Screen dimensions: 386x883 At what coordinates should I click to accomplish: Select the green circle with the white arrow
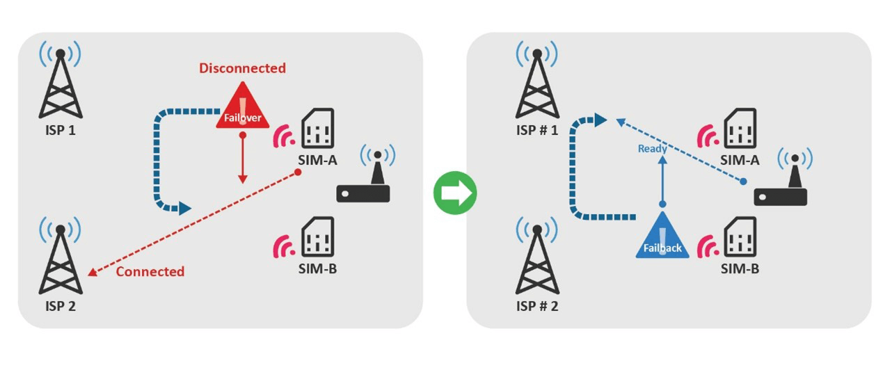[455, 193]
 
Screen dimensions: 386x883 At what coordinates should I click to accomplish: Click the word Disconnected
[242, 68]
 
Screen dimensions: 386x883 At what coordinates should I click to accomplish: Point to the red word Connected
[150, 271]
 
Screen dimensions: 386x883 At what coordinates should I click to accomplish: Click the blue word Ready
[652, 149]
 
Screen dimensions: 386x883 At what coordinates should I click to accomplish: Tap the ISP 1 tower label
[61, 130]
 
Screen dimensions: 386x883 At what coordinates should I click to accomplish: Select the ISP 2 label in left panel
[61, 306]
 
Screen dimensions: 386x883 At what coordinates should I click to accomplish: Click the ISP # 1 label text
[536, 130]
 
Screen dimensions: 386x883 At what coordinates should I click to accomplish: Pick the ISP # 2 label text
[536, 306]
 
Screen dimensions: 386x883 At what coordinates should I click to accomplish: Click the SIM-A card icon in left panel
[317, 129]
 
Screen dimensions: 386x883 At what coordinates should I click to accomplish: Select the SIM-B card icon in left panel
[317, 236]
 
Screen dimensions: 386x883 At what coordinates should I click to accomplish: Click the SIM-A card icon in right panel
[740, 129]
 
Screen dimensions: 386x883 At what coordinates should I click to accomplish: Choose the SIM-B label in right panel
[740, 268]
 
